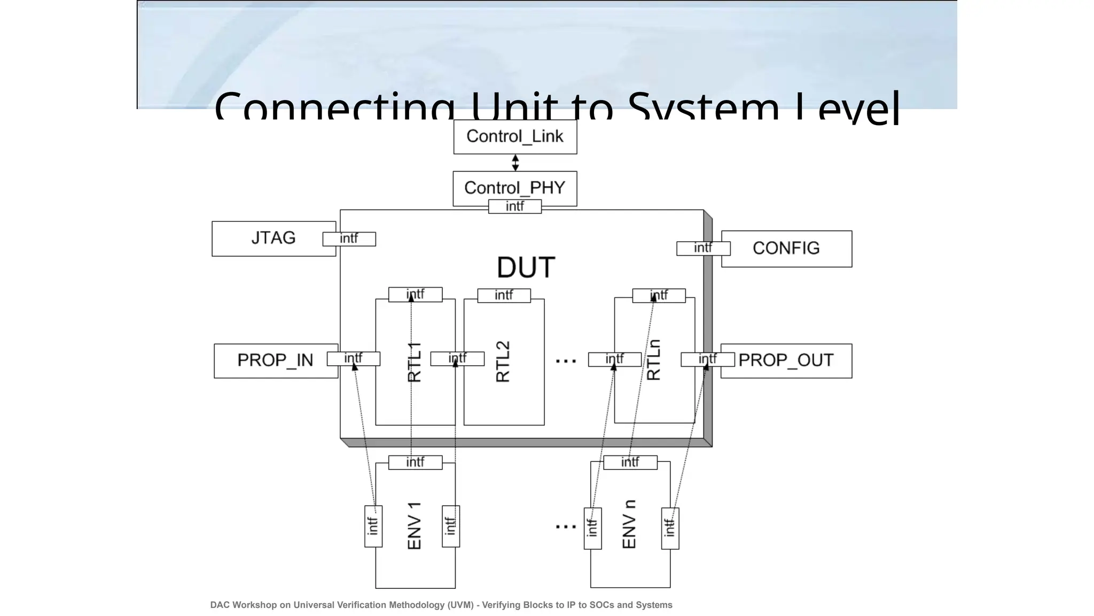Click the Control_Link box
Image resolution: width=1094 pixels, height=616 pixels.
(x=515, y=136)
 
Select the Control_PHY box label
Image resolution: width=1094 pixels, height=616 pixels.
(x=514, y=188)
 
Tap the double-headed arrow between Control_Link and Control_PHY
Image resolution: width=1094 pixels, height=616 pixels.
(x=515, y=163)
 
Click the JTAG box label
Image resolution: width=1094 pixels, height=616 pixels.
(x=273, y=238)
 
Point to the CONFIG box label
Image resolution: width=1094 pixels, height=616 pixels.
(x=786, y=248)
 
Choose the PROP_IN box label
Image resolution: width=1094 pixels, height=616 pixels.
(x=275, y=360)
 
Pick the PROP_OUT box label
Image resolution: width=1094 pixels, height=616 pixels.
(x=786, y=360)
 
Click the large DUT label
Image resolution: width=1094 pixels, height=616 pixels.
(x=526, y=267)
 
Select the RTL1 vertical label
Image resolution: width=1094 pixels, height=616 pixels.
(x=415, y=362)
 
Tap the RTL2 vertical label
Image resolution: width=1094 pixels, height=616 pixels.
(x=503, y=361)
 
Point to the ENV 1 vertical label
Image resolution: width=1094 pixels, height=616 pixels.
(x=415, y=526)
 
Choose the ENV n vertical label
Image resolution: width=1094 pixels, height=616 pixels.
(x=630, y=525)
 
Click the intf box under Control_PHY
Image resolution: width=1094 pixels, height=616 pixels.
(x=515, y=206)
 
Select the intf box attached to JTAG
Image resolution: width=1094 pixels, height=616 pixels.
(x=349, y=239)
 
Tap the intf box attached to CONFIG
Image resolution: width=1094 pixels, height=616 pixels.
(x=703, y=248)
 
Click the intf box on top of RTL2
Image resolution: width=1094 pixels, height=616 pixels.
(x=504, y=295)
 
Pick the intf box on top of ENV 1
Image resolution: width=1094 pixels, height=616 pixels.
(x=415, y=462)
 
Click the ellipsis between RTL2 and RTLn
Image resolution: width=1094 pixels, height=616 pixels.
(x=566, y=361)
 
